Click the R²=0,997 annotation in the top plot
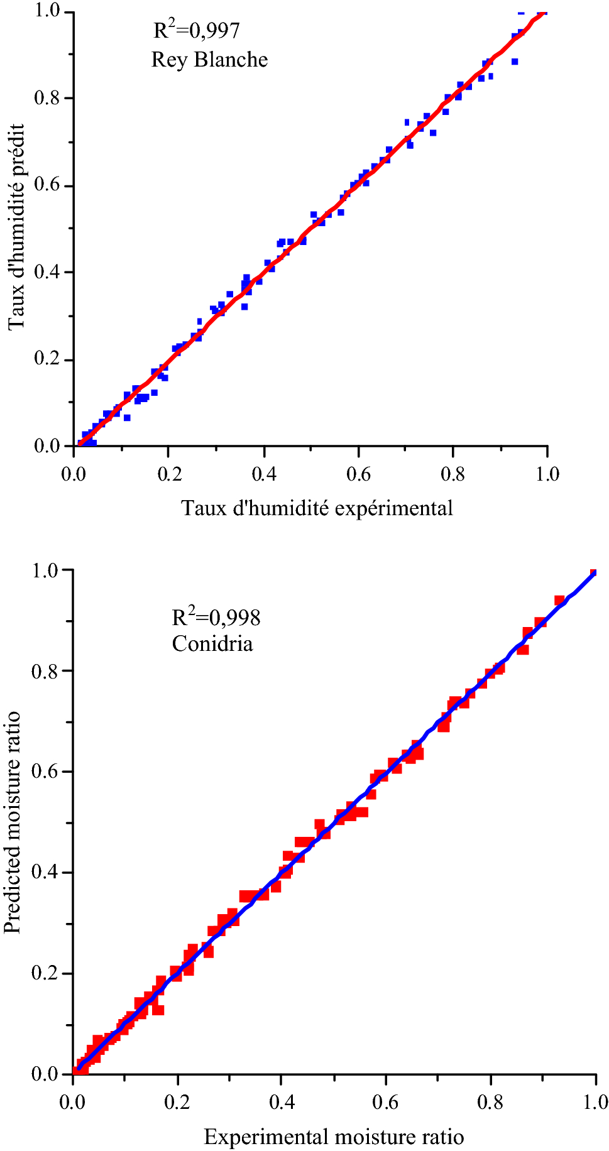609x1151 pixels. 196,31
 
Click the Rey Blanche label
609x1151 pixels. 209,60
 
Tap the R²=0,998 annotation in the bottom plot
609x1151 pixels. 216,618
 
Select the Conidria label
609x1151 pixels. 212,644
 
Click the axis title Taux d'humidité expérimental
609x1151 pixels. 317,508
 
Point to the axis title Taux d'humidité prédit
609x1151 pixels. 17,227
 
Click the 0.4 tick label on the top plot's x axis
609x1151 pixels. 264,474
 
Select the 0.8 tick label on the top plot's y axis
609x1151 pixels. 47,99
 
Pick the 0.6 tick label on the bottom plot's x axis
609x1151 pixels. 386,1102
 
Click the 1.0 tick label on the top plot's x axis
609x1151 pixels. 547,474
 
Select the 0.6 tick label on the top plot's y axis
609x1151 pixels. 47,186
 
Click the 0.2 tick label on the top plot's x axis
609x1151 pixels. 169,474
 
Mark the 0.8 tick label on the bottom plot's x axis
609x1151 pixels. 491,1102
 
